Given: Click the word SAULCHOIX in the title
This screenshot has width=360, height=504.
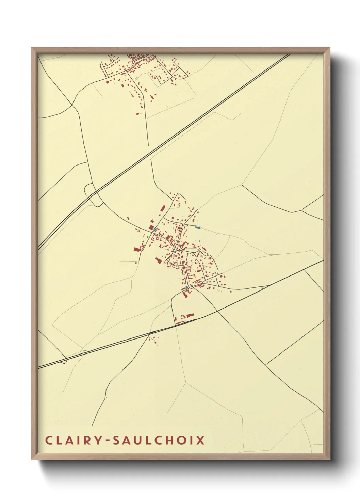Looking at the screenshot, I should tap(159, 440).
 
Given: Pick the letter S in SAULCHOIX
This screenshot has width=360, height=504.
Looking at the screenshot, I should tap(116, 440).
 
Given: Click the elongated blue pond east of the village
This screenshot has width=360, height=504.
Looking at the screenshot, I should tap(197, 227).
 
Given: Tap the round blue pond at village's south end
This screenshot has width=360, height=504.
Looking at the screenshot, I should tap(187, 288).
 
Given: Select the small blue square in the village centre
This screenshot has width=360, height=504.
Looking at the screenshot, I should tap(175, 252).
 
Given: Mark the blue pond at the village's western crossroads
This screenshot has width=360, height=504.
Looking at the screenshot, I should tap(156, 229).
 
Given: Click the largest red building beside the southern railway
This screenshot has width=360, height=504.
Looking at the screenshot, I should tap(190, 316).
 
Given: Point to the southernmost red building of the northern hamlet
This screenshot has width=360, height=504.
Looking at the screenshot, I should tap(138, 114).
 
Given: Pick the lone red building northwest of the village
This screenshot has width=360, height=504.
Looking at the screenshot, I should tap(128, 218).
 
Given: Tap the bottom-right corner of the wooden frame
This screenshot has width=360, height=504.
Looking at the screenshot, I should tap(329, 459).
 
